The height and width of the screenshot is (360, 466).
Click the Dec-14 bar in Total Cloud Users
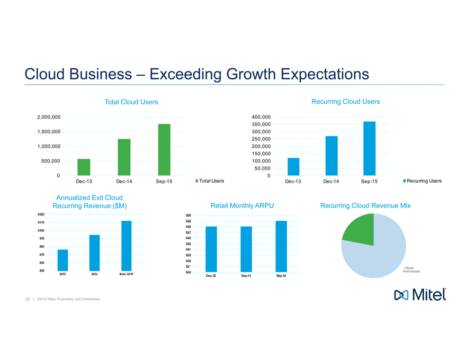124,157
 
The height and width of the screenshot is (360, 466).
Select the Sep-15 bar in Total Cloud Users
164,150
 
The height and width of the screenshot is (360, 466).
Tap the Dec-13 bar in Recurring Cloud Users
293,167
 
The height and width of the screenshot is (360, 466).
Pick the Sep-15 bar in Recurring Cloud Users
370,149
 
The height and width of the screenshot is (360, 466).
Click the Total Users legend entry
210,181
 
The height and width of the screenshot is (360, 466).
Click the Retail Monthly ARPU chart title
242,205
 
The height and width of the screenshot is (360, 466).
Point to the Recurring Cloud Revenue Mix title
365,205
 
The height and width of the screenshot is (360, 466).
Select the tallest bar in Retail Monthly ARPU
281,246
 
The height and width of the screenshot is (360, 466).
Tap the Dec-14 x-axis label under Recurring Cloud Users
331,181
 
